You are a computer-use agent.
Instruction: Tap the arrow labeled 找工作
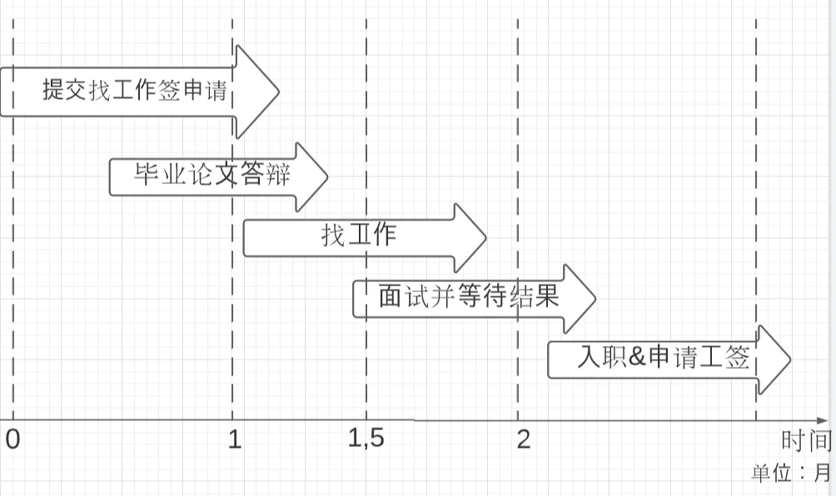point(359,237)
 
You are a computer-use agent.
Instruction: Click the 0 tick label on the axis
point(12,439)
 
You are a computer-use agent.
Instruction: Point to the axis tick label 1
point(235,439)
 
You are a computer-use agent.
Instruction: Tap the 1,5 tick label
point(366,439)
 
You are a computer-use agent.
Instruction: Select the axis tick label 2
point(523,439)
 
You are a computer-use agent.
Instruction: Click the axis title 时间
point(806,441)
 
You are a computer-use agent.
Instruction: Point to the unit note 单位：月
point(790,474)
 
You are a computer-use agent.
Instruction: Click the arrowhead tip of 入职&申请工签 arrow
point(789,360)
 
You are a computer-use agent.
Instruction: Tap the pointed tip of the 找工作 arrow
point(485,238)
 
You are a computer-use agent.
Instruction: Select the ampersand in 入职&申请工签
point(636,359)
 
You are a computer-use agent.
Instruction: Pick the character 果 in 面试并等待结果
point(546,297)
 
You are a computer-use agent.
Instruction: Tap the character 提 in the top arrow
point(53,90)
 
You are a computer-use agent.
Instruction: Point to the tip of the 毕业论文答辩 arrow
point(327,176)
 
